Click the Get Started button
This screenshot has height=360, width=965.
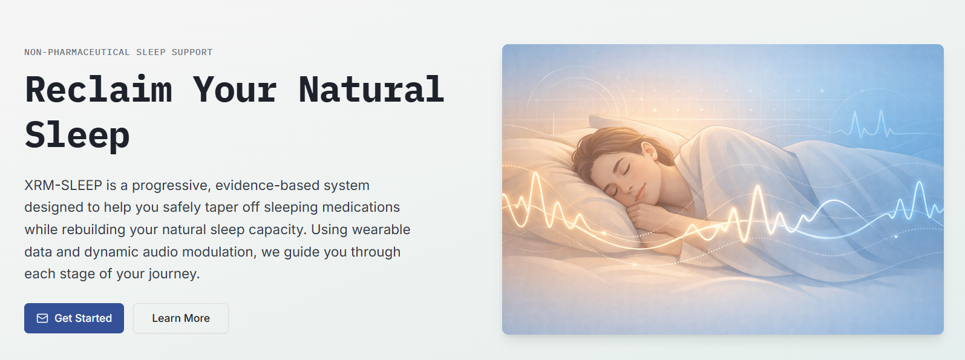click(x=74, y=318)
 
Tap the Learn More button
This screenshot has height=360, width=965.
click(x=181, y=318)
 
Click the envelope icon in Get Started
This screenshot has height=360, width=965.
click(x=42, y=318)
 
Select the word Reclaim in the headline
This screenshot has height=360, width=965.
click(x=99, y=89)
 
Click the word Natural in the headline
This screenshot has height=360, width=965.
click(x=371, y=89)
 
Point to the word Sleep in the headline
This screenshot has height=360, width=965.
click(x=77, y=135)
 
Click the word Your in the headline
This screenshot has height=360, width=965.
click(x=235, y=89)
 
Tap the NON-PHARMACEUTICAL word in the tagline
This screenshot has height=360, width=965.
click(x=77, y=52)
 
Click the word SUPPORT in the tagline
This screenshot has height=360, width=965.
click(x=192, y=52)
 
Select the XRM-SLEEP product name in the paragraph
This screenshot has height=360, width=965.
click(x=64, y=185)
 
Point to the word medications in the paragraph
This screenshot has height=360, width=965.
click(x=361, y=207)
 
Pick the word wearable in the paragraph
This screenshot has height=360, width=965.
click(x=381, y=229)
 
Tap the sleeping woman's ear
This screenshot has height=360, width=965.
click(x=648, y=151)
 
